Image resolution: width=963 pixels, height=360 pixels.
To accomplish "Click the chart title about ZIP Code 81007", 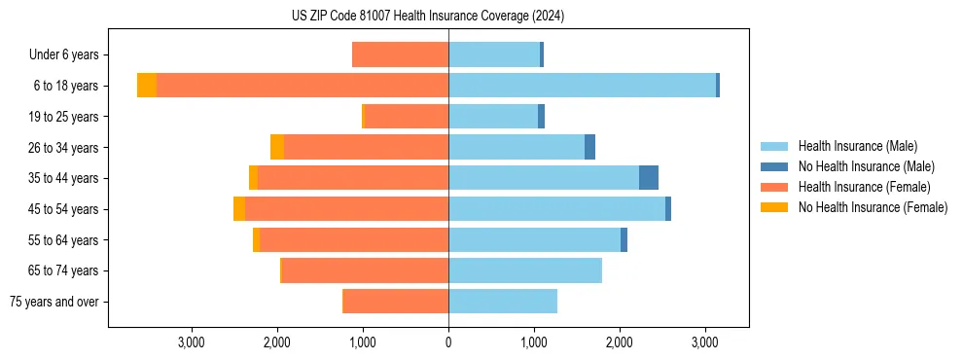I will [427, 17].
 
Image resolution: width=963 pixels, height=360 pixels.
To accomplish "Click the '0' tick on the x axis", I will [448, 342].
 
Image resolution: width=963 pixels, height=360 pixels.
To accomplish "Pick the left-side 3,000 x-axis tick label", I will [192, 342].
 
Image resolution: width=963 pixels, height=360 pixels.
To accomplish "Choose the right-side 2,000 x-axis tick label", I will [620, 342].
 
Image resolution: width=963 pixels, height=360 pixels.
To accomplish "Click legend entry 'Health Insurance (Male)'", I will [857, 146].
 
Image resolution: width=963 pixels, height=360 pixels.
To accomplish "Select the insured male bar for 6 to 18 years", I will [582, 86].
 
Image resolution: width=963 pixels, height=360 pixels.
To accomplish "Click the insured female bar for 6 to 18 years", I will [303, 86].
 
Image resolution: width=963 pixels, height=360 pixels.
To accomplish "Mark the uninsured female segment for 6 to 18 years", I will [147, 86].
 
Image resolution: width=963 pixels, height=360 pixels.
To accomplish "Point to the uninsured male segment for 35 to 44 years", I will [649, 178].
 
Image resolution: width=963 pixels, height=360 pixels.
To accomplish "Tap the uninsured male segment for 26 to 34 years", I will [589, 147].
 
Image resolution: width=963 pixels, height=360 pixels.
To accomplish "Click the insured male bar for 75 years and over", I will [503, 302].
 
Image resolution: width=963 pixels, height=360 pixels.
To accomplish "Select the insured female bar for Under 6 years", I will [400, 54].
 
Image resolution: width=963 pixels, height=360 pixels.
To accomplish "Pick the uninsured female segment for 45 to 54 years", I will [239, 209].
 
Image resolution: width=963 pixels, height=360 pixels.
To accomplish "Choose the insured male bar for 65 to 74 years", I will [525, 270].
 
